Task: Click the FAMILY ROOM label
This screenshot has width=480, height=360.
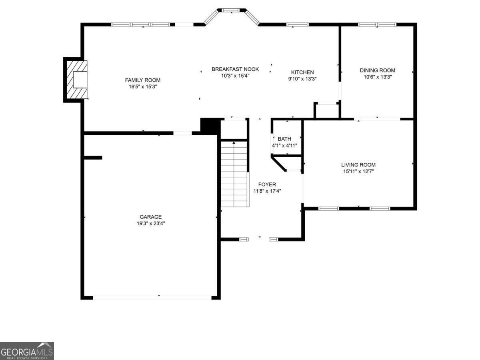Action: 142,80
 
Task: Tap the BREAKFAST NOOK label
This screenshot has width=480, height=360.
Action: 235,69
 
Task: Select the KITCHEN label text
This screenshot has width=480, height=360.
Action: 302,72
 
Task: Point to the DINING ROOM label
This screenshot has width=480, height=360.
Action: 378,70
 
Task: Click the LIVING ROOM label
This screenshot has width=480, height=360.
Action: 358,164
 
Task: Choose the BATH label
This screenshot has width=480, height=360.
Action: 284,139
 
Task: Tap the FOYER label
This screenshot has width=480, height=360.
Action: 267,184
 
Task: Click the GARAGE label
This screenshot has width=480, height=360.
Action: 151,217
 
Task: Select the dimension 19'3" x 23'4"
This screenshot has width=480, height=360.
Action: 151,223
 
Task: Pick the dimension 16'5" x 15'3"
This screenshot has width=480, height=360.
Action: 143,86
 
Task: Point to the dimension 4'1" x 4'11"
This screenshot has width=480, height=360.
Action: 284,145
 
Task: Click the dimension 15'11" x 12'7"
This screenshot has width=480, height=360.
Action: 358,171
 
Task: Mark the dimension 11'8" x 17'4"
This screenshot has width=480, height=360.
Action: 267,191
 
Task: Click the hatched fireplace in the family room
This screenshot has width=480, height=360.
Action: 77,80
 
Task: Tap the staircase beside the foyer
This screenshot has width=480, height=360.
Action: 235,174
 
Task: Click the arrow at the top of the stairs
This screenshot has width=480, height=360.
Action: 234,143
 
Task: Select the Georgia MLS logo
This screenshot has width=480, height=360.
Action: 27,351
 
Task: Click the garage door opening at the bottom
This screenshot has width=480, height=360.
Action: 152,298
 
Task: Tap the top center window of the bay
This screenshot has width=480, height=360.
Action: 232,10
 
